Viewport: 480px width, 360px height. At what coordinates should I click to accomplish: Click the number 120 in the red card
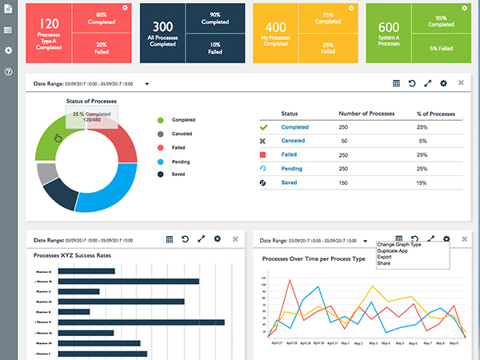click(x=48, y=24)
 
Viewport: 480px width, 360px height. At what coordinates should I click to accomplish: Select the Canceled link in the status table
click(x=293, y=141)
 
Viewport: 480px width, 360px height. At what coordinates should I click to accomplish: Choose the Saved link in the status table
click(x=289, y=182)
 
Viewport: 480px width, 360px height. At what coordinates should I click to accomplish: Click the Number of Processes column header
click(x=366, y=113)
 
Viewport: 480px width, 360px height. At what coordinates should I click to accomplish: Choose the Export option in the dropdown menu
click(x=386, y=257)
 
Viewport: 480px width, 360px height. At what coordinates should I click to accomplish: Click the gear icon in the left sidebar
click(x=8, y=50)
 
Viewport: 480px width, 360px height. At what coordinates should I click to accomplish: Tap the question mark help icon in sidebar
click(x=8, y=72)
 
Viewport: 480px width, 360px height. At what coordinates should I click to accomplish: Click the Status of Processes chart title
click(x=91, y=101)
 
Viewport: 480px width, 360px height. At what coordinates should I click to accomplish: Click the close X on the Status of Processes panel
click(x=461, y=82)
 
